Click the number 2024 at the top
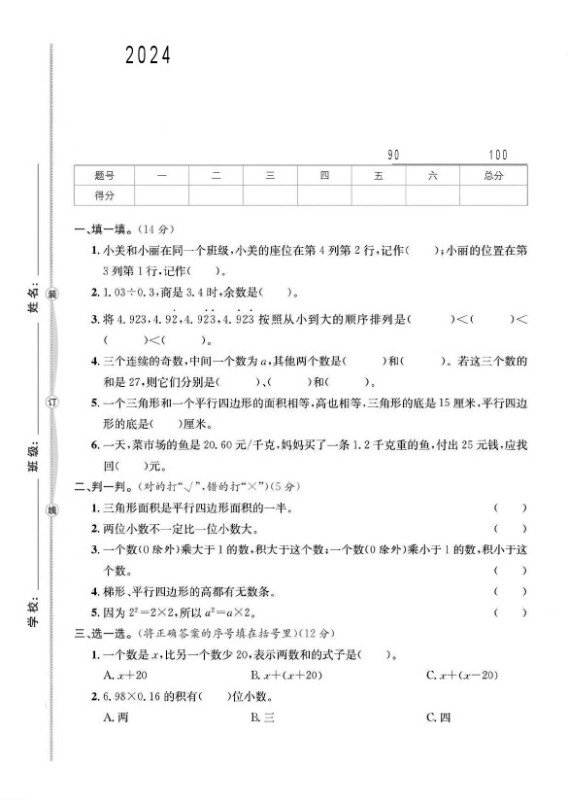pos(148,57)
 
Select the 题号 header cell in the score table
pos(105,176)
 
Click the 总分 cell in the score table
pos(493,176)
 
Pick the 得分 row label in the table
pos(105,195)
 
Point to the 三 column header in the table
pos(271,176)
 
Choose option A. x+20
pos(125,675)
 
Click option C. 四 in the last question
pos(439,717)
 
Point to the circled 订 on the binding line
pos(53,402)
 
